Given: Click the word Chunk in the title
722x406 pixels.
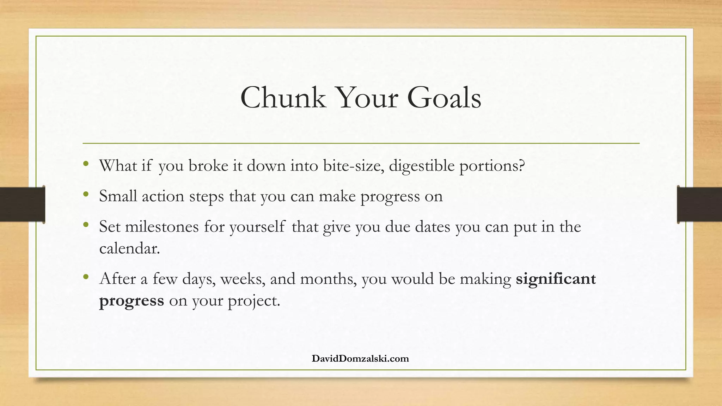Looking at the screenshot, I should pyautogui.click(x=283, y=98).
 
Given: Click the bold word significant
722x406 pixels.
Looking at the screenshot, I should pyautogui.click(x=556, y=279).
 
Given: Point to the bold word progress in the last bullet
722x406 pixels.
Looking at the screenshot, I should pyautogui.click(x=131, y=301).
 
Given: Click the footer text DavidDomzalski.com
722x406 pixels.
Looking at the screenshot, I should pyautogui.click(x=360, y=359).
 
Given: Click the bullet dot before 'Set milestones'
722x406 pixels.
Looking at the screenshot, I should pyautogui.click(x=86, y=224).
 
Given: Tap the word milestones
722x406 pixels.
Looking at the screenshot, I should pyautogui.click(x=162, y=227).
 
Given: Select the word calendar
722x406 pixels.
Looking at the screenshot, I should pyautogui.click(x=129, y=248).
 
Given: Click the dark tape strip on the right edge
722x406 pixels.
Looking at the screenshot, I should pyautogui.click(x=699, y=204).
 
